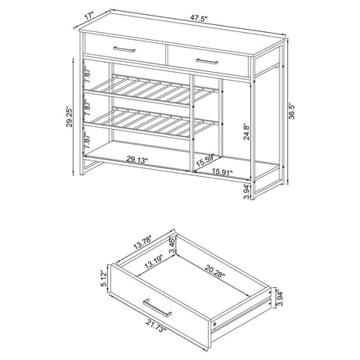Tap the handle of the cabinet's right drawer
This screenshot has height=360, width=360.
pos(207,60)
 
